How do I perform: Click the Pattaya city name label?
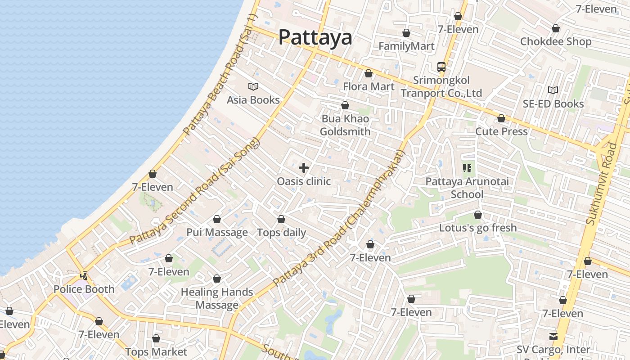[x=315, y=37]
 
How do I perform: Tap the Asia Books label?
[x=253, y=100]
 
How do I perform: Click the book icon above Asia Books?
[x=253, y=86]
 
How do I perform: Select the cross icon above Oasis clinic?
[x=304, y=168]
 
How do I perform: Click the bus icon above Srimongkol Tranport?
[x=441, y=67]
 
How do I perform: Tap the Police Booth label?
[x=84, y=289]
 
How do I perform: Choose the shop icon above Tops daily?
[x=281, y=219]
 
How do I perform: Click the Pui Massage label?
[x=217, y=233]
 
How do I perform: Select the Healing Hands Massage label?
[x=217, y=298]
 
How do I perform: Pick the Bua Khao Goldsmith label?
[x=345, y=125]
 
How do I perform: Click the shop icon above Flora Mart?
[x=369, y=73]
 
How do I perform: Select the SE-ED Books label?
[x=553, y=104]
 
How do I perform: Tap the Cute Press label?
[x=501, y=132]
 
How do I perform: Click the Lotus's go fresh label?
[x=478, y=228]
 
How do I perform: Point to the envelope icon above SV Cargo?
[x=553, y=336]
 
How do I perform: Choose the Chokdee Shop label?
[x=556, y=42]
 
